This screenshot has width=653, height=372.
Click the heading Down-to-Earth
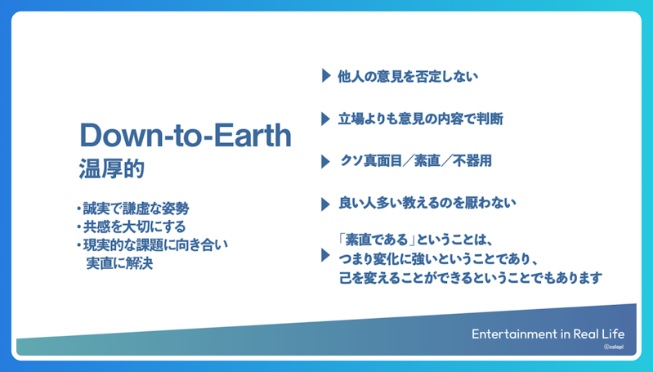(186, 135)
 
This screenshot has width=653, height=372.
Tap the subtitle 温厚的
(112, 168)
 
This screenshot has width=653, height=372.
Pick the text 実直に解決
(119, 263)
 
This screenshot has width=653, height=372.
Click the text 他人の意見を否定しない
(408, 76)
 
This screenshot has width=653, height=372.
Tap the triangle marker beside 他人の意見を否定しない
(326, 76)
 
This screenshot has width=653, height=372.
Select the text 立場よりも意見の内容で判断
(421, 119)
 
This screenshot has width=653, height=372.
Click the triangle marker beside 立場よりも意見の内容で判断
(325, 119)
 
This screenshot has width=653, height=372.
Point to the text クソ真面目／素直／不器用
(416, 161)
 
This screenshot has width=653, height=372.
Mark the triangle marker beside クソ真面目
(325, 161)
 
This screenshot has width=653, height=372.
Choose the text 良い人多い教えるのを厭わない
(427, 203)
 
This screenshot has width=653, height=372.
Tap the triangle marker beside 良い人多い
(325, 204)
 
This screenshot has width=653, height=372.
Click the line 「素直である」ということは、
(417, 240)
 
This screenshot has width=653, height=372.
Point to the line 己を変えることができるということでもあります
(471, 277)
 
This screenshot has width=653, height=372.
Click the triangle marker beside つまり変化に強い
(325, 255)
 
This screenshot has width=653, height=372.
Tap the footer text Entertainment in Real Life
(548, 334)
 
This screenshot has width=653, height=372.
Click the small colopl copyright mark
(614, 347)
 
